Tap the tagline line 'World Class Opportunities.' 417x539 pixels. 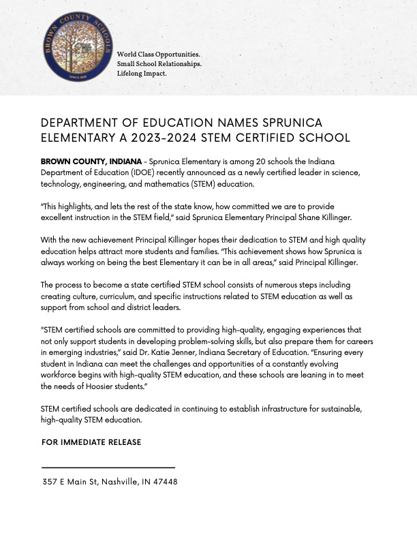[158, 54]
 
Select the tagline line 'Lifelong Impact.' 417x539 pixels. [142, 73]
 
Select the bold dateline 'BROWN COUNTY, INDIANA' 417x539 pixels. [91, 161]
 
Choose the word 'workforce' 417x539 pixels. [59, 375]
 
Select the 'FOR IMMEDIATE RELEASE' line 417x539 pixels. [91, 442]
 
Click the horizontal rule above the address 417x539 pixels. [108, 467]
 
